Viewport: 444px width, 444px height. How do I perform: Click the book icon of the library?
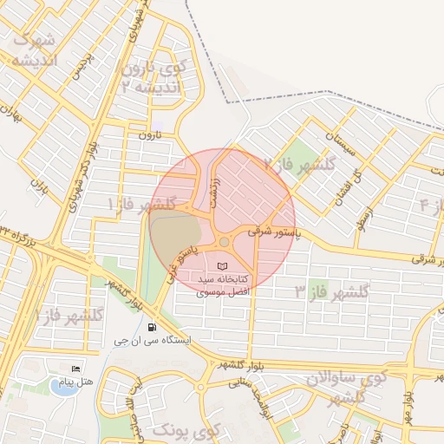pyautogui.click(x=223, y=265)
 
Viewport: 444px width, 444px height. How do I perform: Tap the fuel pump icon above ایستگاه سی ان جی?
pyautogui.click(x=153, y=328)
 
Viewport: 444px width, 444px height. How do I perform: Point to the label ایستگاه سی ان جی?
pyautogui.click(x=153, y=342)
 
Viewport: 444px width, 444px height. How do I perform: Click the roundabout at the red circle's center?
pyautogui.click(x=224, y=242)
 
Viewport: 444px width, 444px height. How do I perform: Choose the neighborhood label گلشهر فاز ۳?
pyautogui.click(x=332, y=291)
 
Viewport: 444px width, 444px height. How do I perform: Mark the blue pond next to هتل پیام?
pyautogui.click(x=62, y=388)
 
